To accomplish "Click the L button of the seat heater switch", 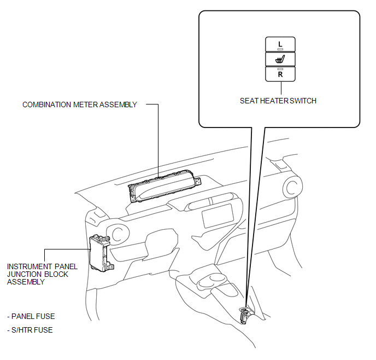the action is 280,44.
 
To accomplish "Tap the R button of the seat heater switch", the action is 280,74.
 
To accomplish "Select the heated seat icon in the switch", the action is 280,59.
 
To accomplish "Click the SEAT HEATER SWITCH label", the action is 278,101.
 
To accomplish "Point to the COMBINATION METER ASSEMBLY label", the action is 80,104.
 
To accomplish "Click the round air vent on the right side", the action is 292,187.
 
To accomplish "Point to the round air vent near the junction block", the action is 118,234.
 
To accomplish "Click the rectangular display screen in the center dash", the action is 218,216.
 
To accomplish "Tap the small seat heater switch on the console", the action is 245,315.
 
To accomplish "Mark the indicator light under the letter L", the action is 280,49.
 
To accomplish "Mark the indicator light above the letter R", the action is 280,69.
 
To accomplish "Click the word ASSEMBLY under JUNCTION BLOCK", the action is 26,282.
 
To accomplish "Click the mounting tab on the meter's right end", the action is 198,181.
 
